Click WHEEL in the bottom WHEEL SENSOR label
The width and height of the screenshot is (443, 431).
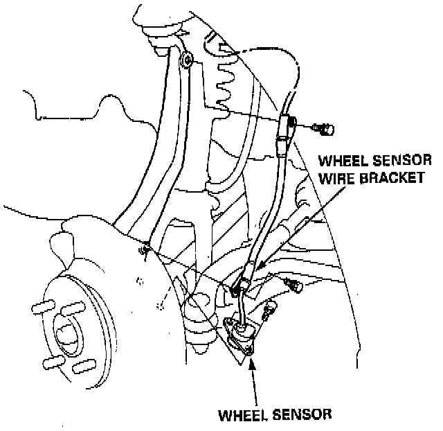[x=242, y=415]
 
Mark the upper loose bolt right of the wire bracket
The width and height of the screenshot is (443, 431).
[x=289, y=283]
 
